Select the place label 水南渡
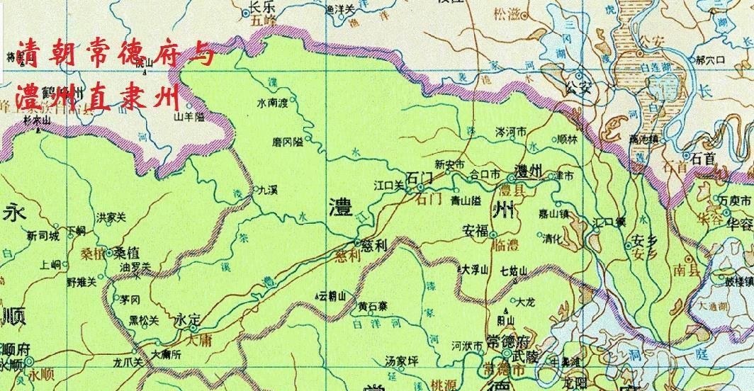pos(272,103)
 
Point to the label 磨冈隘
pos(287,142)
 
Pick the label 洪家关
pos(111,217)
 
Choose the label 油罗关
pos(136,266)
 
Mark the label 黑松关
pos(144,320)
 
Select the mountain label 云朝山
pos(333,294)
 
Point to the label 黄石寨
pos(373,307)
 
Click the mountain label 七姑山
pos(514,270)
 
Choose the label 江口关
pos(388,185)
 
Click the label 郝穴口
pos(711,61)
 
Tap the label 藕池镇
pos(644,140)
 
